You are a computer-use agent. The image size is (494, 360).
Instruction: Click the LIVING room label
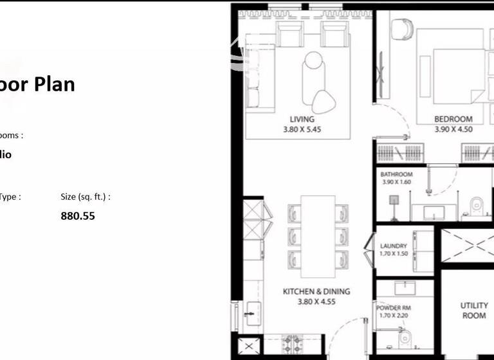(x=302, y=119)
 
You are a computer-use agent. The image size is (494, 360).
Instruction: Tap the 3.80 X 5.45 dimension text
(x=302, y=129)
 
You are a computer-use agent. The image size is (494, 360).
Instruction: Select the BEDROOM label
(x=453, y=119)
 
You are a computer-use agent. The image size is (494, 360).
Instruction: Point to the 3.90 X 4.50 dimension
(x=453, y=129)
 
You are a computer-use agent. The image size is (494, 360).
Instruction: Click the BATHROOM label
(x=396, y=174)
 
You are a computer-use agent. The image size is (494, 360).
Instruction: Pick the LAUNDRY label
(x=393, y=246)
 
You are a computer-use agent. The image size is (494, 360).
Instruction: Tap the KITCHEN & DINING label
(x=316, y=291)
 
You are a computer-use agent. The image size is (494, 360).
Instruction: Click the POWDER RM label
(x=393, y=308)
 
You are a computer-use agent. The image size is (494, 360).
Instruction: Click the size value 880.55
(x=78, y=216)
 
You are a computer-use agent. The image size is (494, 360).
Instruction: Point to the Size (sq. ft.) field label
(x=86, y=197)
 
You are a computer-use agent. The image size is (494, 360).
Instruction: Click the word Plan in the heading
(x=54, y=84)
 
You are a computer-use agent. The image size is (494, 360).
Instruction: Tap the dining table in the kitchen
(x=317, y=231)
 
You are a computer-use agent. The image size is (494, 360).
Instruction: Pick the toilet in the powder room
(x=405, y=337)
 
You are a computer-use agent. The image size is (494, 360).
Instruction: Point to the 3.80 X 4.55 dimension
(x=316, y=301)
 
